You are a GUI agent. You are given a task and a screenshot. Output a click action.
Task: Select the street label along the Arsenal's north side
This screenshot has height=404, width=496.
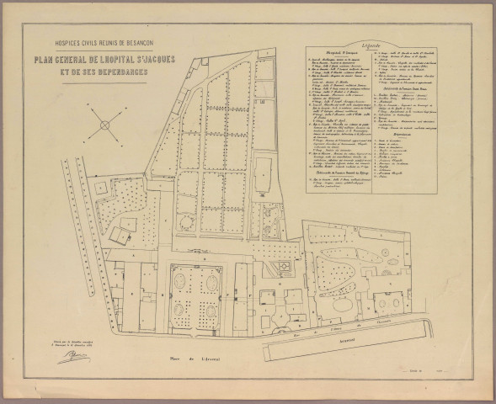[x=362, y=323]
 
